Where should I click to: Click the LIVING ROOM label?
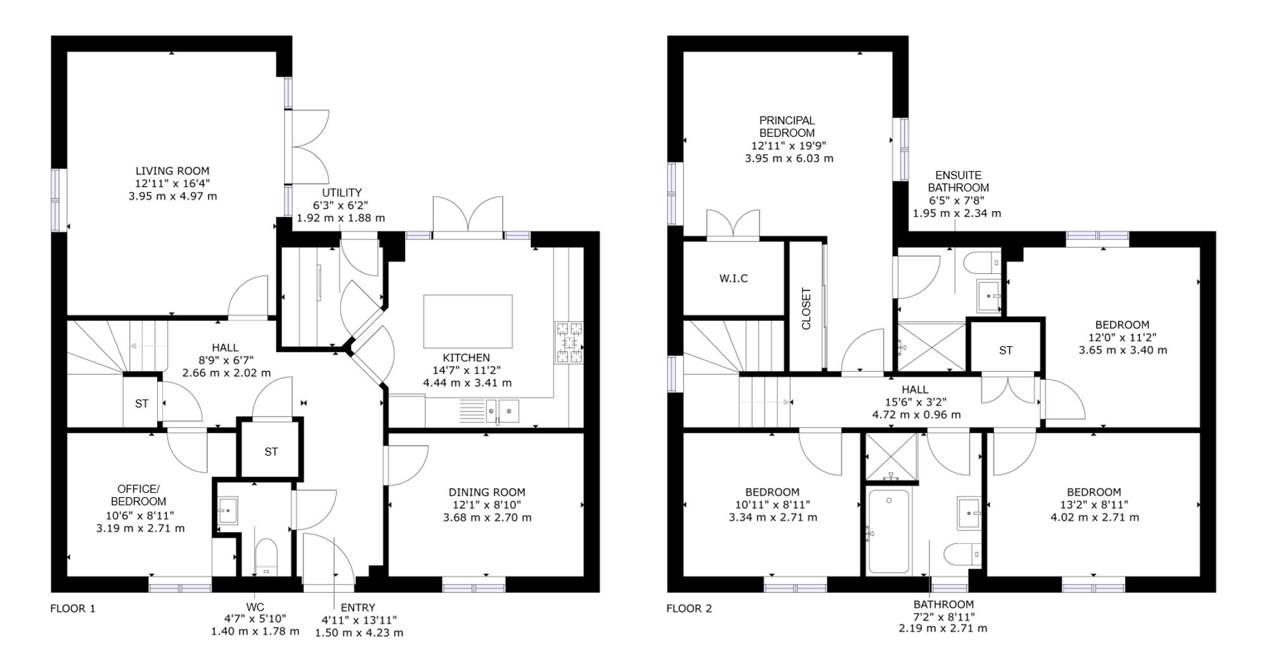[172, 171]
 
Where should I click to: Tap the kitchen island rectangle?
[468, 321]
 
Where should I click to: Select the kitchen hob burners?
[569, 342]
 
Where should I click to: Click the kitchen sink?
[503, 410]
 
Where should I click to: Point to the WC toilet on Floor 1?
[266, 555]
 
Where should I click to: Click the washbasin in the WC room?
[227, 510]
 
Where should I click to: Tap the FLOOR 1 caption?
[73, 609]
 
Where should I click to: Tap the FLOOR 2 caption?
[689, 609]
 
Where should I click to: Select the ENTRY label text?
[358, 607]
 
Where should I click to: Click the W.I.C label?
[734, 278]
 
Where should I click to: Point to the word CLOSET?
[806, 309]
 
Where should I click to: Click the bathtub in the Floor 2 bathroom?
[889, 531]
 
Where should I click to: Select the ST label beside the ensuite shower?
[1006, 350]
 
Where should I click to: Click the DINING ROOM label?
[487, 492]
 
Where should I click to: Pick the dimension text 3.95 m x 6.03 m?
[789, 159]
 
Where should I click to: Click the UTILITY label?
[342, 193]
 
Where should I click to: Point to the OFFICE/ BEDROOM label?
[138, 495]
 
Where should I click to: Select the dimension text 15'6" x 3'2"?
[915, 402]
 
